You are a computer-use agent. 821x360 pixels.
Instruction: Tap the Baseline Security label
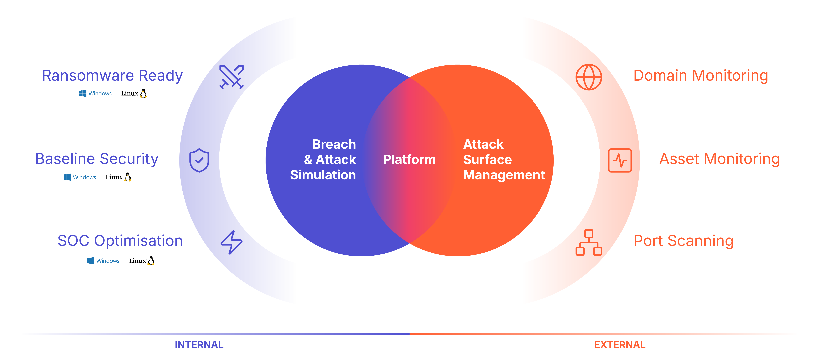[97, 159]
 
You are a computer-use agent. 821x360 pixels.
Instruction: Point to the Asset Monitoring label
[719, 159]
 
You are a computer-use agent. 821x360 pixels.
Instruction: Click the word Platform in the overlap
[409, 160]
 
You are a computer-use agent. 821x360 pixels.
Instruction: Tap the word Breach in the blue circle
[334, 144]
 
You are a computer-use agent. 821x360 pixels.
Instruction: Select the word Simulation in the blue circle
[323, 175]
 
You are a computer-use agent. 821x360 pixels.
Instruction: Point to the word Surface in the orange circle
[487, 160]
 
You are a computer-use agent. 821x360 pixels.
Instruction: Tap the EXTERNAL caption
[620, 345]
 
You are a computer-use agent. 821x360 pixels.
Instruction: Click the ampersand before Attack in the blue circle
[308, 160]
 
